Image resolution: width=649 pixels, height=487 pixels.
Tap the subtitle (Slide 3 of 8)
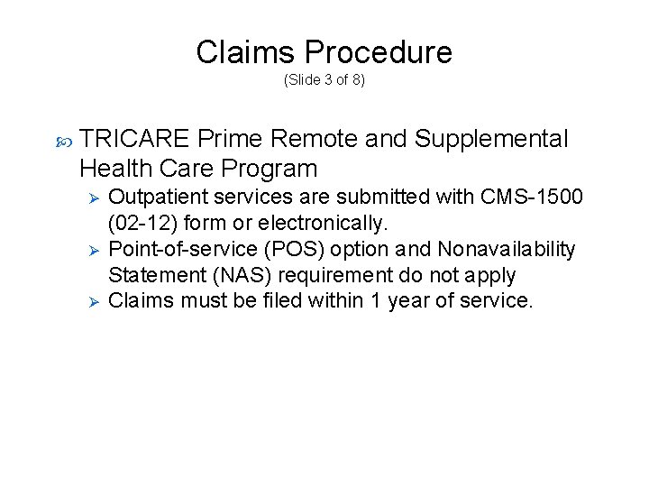pyautogui.click(x=324, y=80)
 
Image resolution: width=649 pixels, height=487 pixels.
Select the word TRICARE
pyautogui.click(x=134, y=140)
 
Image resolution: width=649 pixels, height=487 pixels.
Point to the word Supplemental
pyautogui.click(x=491, y=140)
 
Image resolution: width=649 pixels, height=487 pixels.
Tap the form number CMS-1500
pyautogui.click(x=534, y=198)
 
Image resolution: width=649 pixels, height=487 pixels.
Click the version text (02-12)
pyautogui.click(x=142, y=223)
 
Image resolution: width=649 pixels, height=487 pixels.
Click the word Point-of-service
pyautogui.click(x=172, y=249)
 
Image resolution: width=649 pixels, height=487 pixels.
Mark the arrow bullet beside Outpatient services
pyautogui.click(x=87, y=198)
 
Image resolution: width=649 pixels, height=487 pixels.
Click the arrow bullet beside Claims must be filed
pyautogui.click(x=87, y=300)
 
